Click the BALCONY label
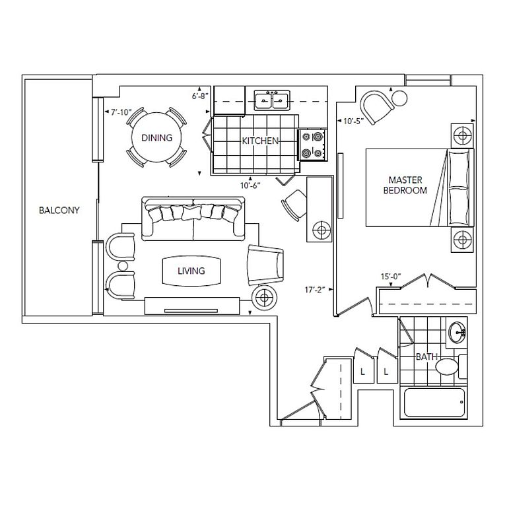[59, 211]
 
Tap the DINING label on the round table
[156, 138]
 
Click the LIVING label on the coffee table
[191, 271]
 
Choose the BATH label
[426, 357]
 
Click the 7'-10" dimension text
[121, 112]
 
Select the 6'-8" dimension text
[201, 96]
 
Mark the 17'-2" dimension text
[314, 288]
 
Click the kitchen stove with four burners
[313, 145]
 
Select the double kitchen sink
[273, 101]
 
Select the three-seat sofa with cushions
[193, 216]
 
